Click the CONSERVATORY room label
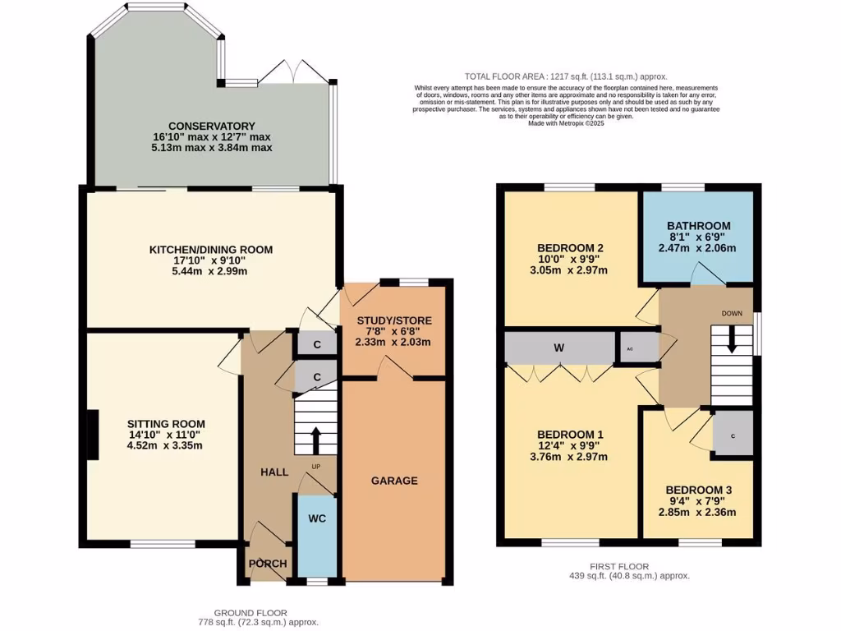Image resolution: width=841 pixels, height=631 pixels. pos(212,126)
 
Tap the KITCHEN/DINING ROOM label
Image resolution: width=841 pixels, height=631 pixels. pos(210,249)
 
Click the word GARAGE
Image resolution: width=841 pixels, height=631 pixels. pos(393,481)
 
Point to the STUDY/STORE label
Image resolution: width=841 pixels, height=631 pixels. pos(394,320)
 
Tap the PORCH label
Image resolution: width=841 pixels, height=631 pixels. pos(269,564)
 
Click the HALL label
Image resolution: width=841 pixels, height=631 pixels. pos(274,472)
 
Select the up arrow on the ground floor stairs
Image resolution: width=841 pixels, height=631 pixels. pos(316,440)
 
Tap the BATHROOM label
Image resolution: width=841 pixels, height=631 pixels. pos(698,226)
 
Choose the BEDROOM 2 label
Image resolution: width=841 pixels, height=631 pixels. pos(570,248)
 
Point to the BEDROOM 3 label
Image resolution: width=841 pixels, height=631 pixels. pos(698,490)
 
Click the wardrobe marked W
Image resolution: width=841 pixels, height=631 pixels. pos(558,348)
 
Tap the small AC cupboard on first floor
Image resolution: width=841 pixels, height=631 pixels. pos(630,348)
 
